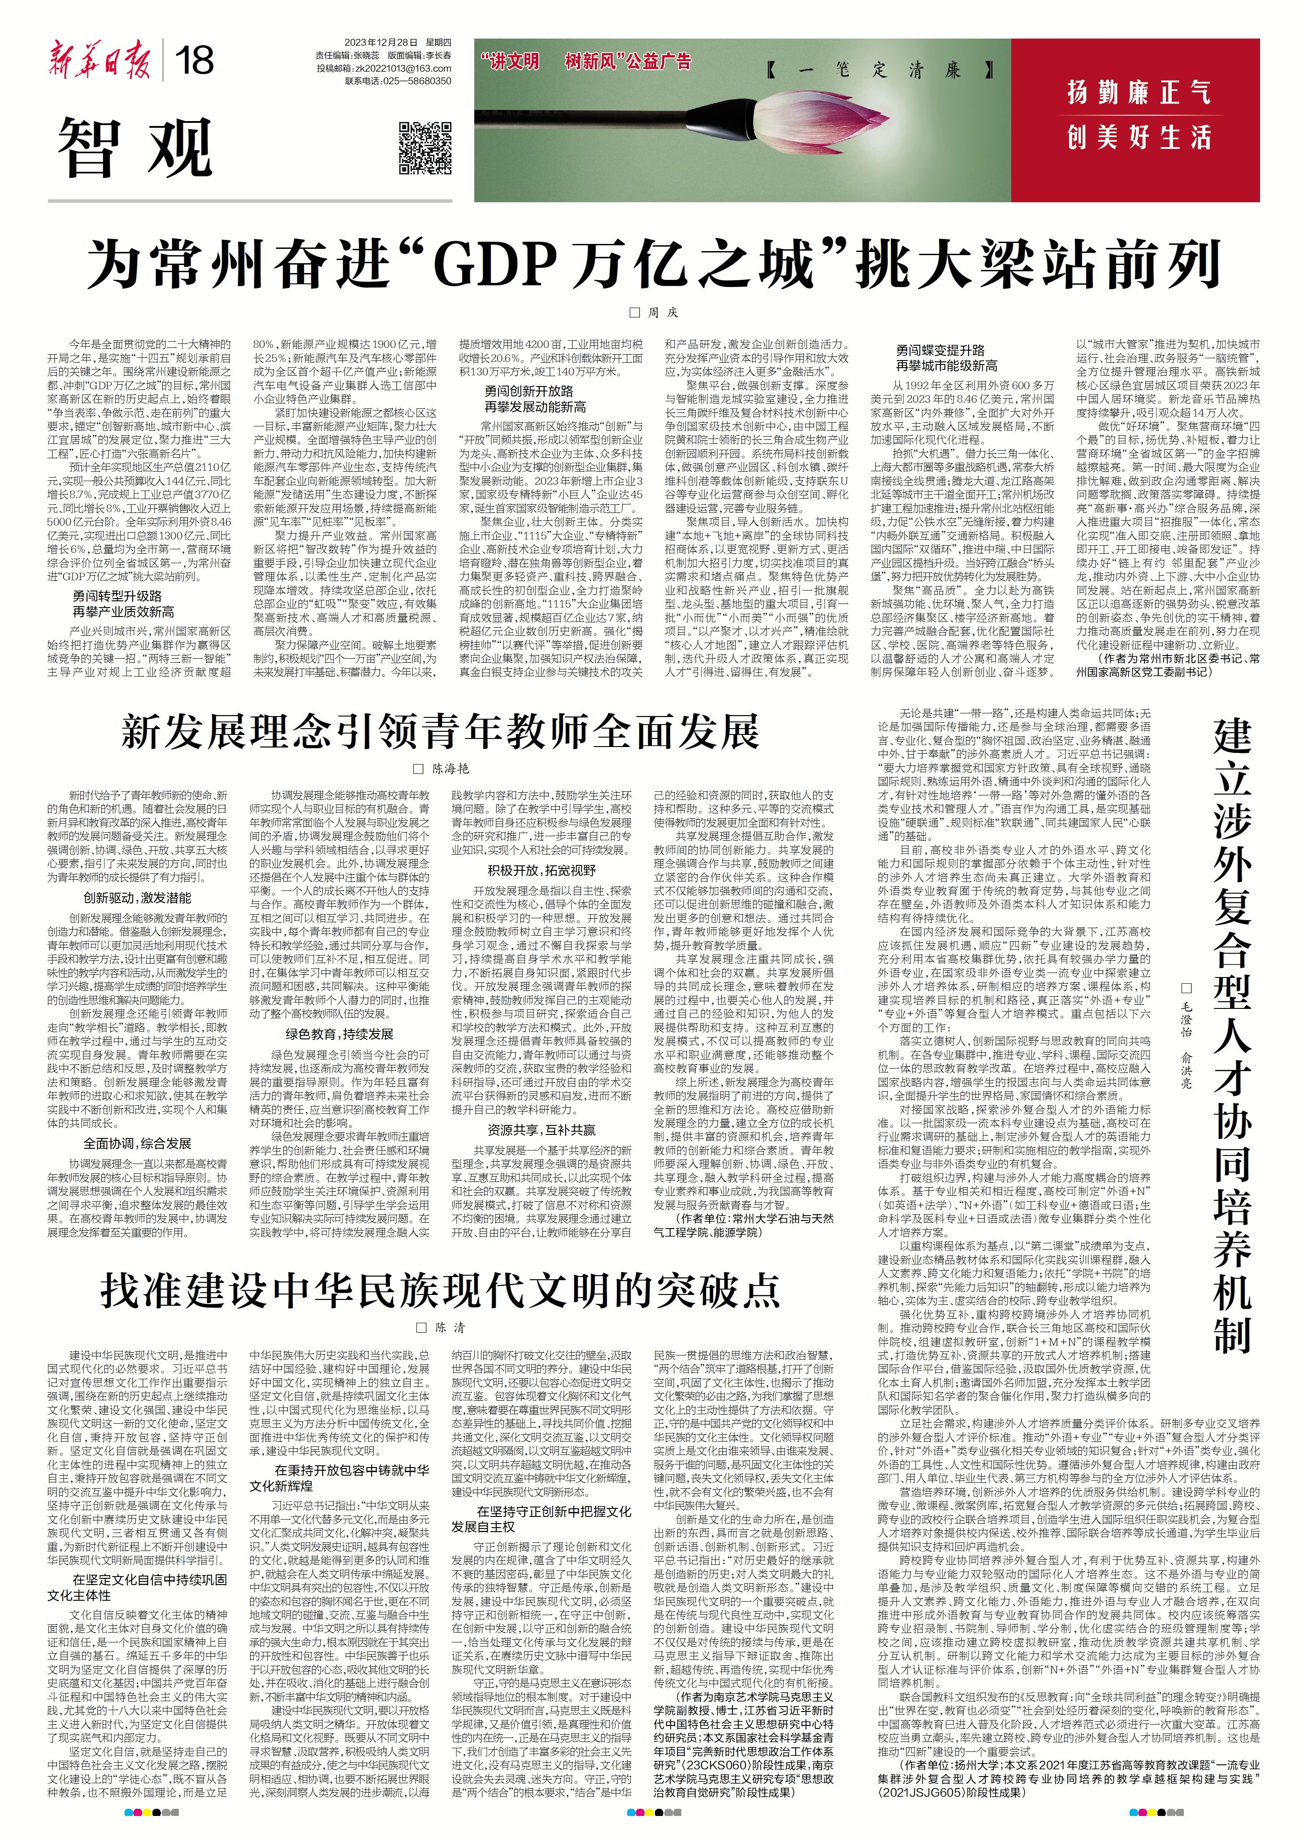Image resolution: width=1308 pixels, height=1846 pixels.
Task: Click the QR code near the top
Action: coord(425,148)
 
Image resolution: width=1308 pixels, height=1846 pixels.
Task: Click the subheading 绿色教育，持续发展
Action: coord(339,1034)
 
